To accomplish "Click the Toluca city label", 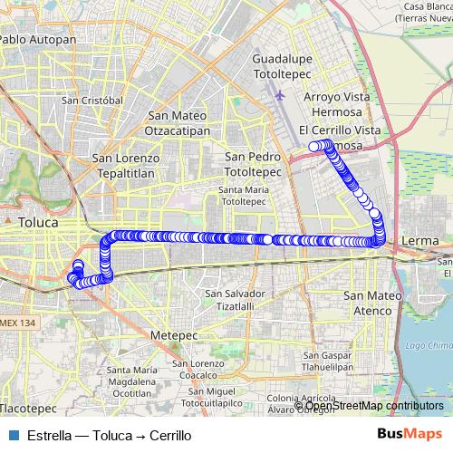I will [38, 221].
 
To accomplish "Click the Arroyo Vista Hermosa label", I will [336, 104].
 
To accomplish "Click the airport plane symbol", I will [280, 93].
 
